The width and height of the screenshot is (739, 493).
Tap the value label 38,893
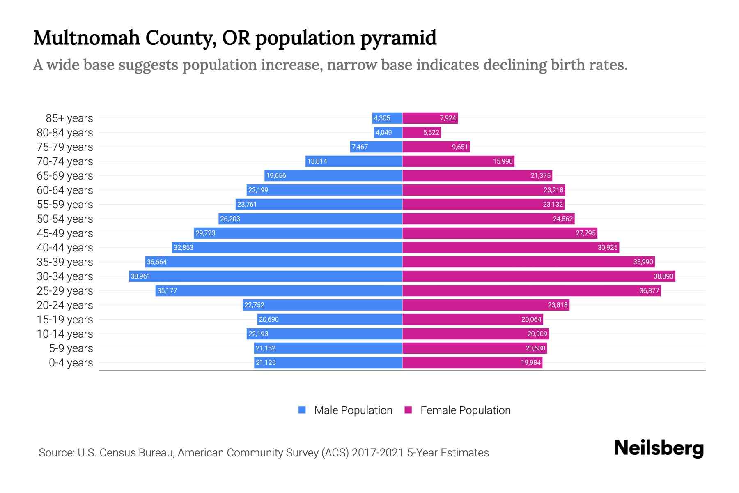pos(663,276)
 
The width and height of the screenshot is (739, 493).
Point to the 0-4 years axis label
pos(71,363)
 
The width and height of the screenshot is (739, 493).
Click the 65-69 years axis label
pos(65,176)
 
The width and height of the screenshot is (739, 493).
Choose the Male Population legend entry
pos(353,410)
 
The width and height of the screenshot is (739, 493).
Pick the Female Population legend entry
pos(465,410)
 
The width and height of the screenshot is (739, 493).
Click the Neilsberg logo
pos(659,448)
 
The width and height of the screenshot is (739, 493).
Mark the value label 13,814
pos(317,161)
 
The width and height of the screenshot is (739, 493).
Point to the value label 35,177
pos(167,291)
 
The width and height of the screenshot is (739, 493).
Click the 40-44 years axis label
pos(65,248)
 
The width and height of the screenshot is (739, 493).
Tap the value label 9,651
pos(460,147)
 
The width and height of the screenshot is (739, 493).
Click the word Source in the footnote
pos(56,453)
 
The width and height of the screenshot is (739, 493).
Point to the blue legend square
pos(302,410)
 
